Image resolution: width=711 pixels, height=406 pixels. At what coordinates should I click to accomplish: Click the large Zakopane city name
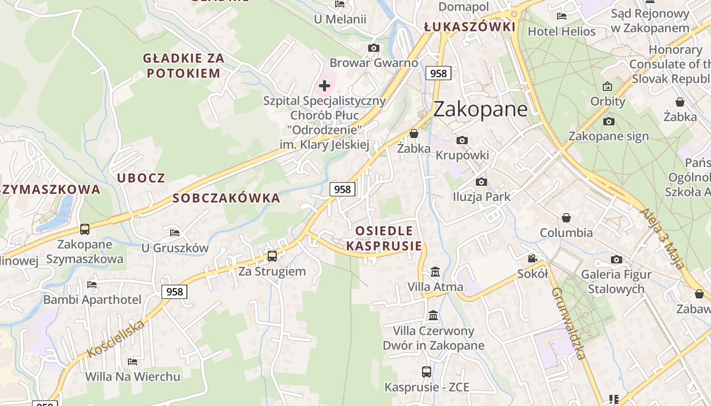[x=480, y=109]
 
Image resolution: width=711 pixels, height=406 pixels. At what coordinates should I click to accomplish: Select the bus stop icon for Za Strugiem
[x=272, y=256]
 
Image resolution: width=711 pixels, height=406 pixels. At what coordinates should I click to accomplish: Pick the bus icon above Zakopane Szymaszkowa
[x=85, y=229]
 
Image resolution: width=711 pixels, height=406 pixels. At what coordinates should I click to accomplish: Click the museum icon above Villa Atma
[x=435, y=272]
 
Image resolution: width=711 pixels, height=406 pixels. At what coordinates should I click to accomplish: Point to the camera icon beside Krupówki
[x=462, y=140]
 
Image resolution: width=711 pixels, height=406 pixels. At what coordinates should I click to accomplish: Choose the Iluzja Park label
[x=481, y=196]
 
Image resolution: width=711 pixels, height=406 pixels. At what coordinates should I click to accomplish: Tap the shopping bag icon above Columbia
[x=566, y=218]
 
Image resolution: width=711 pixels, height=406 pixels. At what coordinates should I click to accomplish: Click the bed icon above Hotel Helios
[x=561, y=16]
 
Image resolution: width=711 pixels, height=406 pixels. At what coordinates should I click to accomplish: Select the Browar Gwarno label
[x=374, y=63]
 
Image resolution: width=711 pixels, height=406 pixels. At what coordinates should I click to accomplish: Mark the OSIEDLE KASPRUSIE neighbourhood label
[x=384, y=239]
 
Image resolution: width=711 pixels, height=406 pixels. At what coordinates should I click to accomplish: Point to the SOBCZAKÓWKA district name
[x=227, y=198]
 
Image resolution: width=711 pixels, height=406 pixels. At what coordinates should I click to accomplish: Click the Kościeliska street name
[x=116, y=339]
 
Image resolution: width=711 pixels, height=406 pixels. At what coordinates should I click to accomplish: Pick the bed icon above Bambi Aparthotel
[x=92, y=284]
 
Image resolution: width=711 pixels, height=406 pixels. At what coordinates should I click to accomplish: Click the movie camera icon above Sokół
[x=532, y=259]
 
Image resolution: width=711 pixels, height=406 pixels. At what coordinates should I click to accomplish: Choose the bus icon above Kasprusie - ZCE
[x=427, y=372]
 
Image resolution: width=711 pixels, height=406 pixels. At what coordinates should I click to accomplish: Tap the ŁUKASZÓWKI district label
[x=469, y=27]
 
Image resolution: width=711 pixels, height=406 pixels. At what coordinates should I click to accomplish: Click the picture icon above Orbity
[x=607, y=86]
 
